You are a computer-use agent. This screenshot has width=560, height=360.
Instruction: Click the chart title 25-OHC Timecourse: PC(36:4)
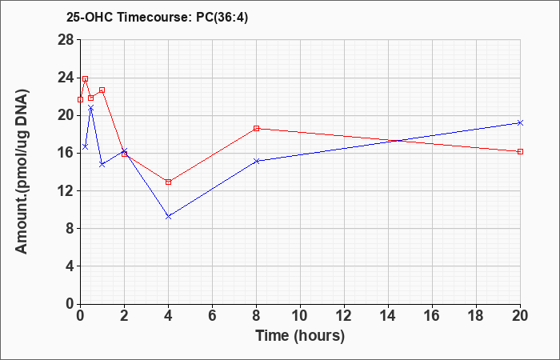(157, 18)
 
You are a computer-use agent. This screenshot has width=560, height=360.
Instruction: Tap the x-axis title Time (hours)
(300, 336)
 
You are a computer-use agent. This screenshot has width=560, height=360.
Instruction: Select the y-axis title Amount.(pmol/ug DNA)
(22, 171)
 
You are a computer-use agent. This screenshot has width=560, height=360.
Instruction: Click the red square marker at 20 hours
(520, 151)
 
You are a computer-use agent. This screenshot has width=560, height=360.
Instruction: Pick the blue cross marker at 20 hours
(520, 123)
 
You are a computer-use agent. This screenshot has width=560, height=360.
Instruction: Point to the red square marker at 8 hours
(257, 128)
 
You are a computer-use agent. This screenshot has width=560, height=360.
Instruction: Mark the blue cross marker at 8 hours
(257, 161)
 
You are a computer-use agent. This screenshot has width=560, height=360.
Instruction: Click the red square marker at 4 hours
(169, 182)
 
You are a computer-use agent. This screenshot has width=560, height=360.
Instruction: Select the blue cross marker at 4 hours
(169, 217)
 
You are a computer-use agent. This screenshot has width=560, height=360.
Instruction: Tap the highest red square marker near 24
(86, 79)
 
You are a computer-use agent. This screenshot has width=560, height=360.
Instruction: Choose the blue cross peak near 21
(90, 107)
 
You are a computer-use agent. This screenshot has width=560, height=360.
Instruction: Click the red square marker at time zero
(80, 100)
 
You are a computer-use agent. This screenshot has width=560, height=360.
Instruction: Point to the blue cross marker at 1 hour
(102, 164)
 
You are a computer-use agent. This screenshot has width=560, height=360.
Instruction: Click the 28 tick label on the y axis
(66, 40)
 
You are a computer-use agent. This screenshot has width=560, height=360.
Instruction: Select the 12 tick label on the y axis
(66, 190)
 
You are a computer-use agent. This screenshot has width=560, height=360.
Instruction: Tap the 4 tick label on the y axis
(70, 266)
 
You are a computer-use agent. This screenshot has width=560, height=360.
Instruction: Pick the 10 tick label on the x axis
(300, 316)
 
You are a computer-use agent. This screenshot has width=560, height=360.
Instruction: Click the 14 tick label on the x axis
(388, 316)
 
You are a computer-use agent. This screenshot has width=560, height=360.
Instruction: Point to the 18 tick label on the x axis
(477, 316)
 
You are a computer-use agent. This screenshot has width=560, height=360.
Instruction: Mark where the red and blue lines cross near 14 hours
(395, 141)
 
